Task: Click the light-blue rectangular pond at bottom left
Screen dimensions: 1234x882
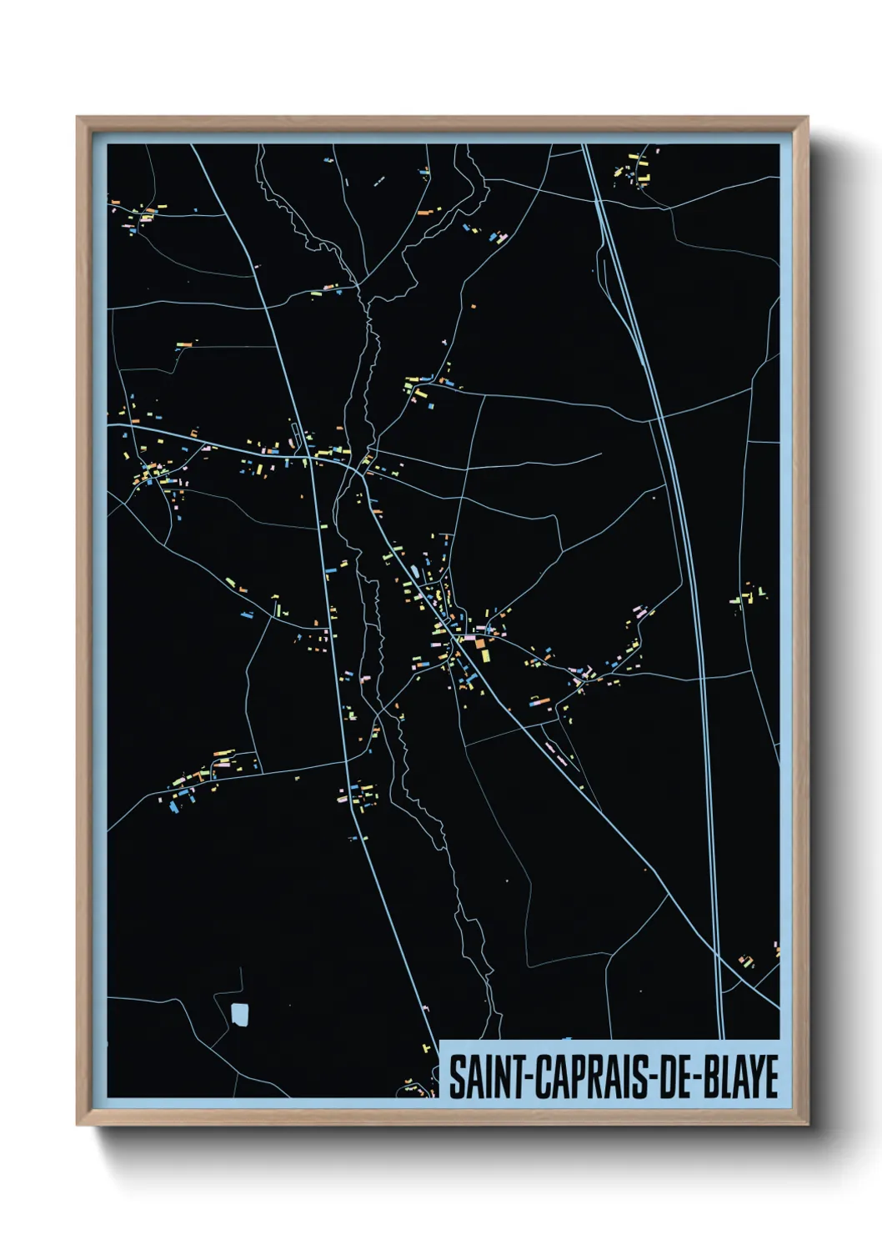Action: click(x=239, y=1014)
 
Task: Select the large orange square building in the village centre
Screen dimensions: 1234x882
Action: click(x=479, y=643)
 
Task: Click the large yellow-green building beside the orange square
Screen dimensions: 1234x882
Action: click(x=484, y=655)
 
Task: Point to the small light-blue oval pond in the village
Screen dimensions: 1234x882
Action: click(x=414, y=571)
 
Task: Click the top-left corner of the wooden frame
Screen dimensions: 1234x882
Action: click(x=78, y=118)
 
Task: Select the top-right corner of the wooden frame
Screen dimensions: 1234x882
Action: click(x=806, y=118)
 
